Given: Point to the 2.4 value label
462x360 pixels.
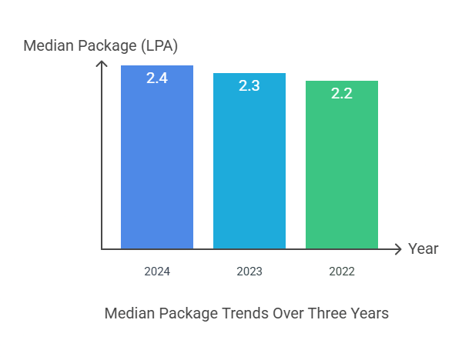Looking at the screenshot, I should pyautogui.click(x=157, y=78).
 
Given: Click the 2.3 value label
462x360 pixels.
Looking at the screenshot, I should pyautogui.click(x=249, y=85).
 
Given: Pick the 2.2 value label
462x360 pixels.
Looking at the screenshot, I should pyautogui.click(x=342, y=93).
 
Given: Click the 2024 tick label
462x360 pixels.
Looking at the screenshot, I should pyautogui.click(x=157, y=272).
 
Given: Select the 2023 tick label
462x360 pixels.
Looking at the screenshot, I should pyautogui.click(x=249, y=272).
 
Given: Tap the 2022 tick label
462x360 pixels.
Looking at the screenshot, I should pyautogui.click(x=342, y=272).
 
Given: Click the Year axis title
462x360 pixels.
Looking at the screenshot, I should pyautogui.click(x=423, y=248).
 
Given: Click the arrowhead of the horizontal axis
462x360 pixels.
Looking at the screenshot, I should pyautogui.click(x=398, y=249).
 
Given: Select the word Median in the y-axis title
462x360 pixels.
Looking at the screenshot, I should pyautogui.click(x=48, y=45).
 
